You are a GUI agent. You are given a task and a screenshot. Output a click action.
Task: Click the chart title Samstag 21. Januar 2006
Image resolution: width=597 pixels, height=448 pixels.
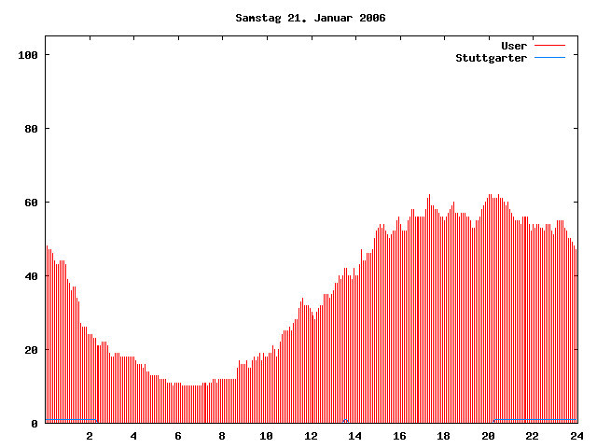[311, 18]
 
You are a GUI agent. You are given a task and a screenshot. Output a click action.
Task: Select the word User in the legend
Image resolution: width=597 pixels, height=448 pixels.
[514, 46]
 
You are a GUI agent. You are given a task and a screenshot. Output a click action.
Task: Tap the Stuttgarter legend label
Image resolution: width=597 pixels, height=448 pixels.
[491, 58]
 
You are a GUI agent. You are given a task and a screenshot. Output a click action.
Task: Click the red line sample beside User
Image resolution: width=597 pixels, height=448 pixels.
[549, 46]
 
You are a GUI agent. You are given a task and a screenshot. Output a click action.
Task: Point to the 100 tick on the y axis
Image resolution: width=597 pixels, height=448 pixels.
[27, 55]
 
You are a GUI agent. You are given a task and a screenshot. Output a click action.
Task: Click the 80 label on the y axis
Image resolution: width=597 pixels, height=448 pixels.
[30, 129]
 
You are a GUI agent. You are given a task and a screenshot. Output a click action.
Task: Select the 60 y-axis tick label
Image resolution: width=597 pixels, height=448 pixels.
[30, 203]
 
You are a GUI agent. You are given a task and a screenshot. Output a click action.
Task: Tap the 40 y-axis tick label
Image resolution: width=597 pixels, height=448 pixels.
[30, 276]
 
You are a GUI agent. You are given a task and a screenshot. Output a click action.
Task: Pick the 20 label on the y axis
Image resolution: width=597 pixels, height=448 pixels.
[30, 350]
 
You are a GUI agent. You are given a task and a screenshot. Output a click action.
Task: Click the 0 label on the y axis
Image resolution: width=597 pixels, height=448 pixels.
[34, 424]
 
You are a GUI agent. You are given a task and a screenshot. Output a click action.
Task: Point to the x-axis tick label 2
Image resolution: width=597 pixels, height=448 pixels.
[90, 436]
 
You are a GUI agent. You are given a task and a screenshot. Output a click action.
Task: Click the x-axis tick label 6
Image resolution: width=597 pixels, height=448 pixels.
[178, 436]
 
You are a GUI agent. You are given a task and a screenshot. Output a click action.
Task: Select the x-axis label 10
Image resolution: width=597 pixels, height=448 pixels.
[267, 436]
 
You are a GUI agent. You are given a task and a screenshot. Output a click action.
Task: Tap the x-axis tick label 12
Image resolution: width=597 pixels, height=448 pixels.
[311, 436]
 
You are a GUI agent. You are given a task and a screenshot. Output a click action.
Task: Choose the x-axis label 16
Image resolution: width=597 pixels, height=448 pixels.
[399, 436]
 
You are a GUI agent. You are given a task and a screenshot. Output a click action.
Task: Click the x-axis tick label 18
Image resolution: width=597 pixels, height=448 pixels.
[444, 436]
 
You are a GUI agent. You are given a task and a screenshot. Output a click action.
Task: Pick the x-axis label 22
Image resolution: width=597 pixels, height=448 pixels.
[533, 436]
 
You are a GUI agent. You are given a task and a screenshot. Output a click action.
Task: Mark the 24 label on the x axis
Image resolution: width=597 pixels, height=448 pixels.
[576, 436]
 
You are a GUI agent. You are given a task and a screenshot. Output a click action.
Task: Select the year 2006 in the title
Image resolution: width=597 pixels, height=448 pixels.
[372, 18]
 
